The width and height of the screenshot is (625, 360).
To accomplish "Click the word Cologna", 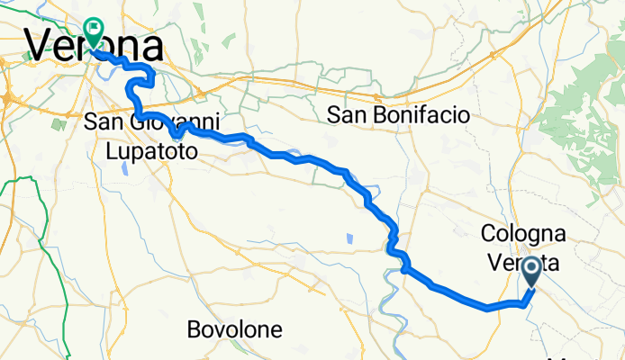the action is click(523, 234).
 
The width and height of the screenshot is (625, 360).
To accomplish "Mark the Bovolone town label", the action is click(235, 329).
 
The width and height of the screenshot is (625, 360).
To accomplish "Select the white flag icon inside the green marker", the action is click(94, 30).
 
